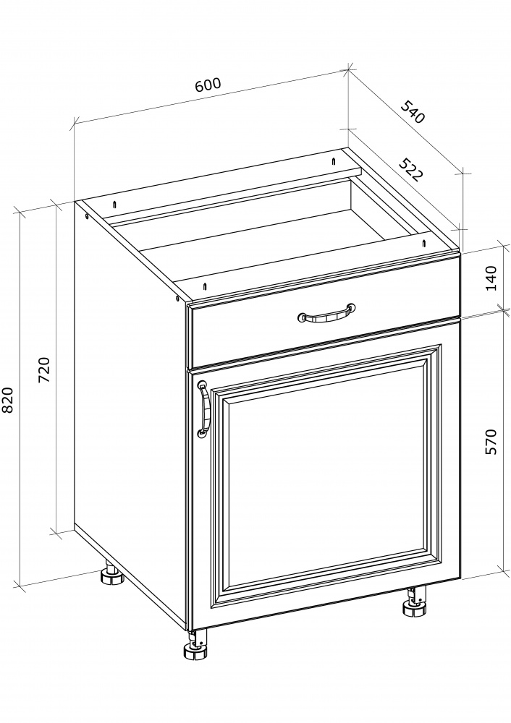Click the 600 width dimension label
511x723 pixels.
tap(208, 85)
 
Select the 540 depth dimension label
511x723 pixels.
tap(413, 111)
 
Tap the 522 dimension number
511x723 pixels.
tap(410, 170)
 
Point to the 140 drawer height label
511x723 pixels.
tap(491, 278)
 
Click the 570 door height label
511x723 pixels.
tap(491, 442)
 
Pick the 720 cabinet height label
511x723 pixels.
tap(44, 369)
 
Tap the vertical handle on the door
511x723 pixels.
tap(203, 408)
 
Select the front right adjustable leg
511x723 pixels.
tap(415, 602)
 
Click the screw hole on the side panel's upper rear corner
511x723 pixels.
tap(87, 216)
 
